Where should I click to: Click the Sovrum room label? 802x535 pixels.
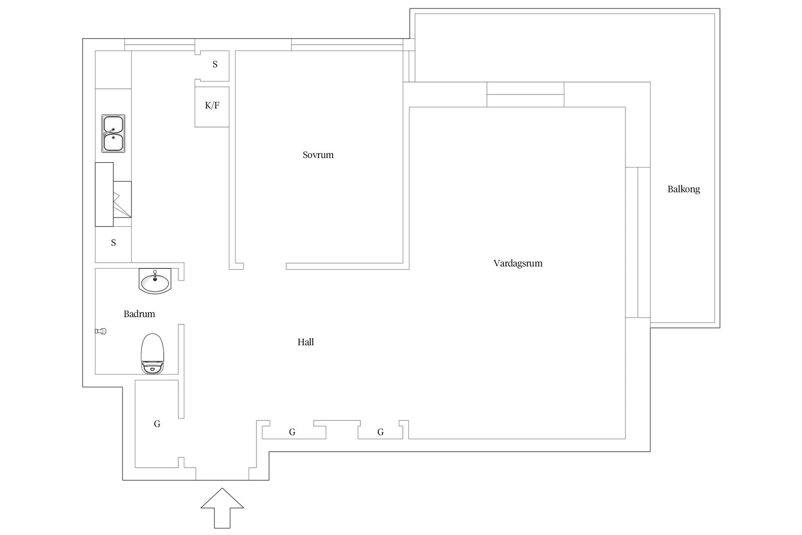click(318, 155)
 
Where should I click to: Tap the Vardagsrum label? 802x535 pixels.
click(518, 263)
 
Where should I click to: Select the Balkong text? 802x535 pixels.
click(683, 189)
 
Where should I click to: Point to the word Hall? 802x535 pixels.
click(305, 342)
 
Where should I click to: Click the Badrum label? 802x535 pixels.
click(139, 314)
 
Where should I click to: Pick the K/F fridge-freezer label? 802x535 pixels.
click(212, 105)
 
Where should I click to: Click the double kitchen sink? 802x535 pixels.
click(113, 133)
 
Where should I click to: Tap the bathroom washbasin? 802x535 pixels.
click(155, 281)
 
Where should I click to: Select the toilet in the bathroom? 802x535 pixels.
click(152, 354)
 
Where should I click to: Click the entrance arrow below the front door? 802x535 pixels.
click(222, 508)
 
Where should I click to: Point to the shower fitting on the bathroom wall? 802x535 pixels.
click(101, 331)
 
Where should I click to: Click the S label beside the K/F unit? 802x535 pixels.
click(215, 64)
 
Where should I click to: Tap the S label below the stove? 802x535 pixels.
click(113, 242)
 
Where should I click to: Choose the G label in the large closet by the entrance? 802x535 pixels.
click(157, 424)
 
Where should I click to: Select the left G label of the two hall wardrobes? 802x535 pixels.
click(292, 432)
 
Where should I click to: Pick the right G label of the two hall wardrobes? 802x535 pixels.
click(381, 432)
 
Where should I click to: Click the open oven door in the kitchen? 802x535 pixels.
click(122, 199)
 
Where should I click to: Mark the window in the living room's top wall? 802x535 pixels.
click(525, 94)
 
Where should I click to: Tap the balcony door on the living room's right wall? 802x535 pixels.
click(638, 242)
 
